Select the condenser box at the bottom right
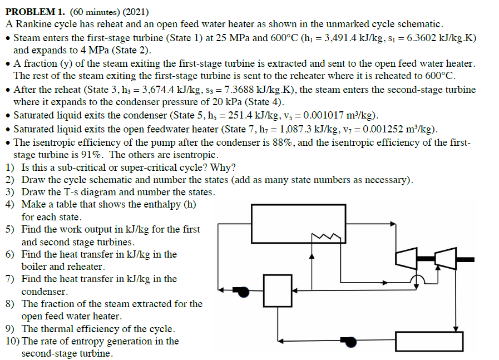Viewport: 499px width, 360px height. pos(429,341)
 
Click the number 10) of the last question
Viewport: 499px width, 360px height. pos(12,341)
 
